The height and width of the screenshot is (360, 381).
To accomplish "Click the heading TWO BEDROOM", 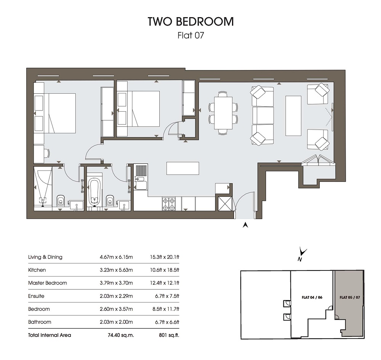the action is pyautogui.click(x=190, y=21).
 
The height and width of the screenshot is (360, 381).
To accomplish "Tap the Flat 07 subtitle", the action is pyautogui.click(x=191, y=35).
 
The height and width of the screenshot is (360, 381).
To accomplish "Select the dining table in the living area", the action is pyautogui.click(x=223, y=113).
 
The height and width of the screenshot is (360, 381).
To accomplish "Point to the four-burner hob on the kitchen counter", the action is pyautogui.click(x=169, y=204).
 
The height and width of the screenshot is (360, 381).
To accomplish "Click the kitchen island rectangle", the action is pyautogui.click(x=183, y=168).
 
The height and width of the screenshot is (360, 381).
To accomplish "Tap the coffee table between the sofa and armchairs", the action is pyautogui.click(x=293, y=116).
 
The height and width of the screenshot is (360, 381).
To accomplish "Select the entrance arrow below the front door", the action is pyautogui.click(x=245, y=225).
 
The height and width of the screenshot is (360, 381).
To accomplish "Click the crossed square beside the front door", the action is pyautogui.click(x=225, y=203).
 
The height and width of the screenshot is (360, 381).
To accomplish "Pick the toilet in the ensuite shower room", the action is pyautogui.click(x=61, y=200).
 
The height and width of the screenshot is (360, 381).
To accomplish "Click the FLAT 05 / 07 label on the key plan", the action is pyautogui.click(x=350, y=297).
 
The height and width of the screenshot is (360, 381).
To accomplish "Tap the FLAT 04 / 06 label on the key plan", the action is pyautogui.click(x=312, y=297).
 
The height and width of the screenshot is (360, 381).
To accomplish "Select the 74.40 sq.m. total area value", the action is pyautogui.click(x=121, y=335).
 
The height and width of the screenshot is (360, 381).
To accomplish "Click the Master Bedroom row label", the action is pyautogui.click(x=47, y=283).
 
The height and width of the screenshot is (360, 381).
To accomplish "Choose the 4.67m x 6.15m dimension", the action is pyautogui.click(x=116, y=257).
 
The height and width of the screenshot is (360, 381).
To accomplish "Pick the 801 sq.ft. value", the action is pyautogui.click(x=169, y=335).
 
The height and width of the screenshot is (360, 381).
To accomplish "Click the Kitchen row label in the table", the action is pyautogui.click(x=37, y=270).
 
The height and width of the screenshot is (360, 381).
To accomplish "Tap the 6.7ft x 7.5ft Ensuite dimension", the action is pyautogui.click(x=167, y=296).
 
